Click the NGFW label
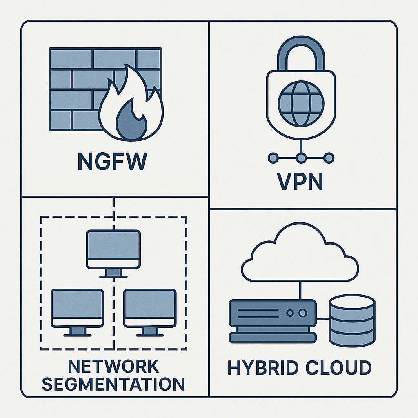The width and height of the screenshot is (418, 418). pos(111,162)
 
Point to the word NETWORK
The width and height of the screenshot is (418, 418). pos(113,366)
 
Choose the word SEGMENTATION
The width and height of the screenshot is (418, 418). pos(113,384)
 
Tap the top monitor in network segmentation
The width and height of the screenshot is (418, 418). pos(113,249)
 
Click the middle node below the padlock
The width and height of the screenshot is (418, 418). pos(301,158)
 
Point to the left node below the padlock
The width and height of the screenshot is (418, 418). pos(273,158)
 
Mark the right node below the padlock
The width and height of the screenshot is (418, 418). pos(329,158)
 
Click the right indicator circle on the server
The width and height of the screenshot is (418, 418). pos(302,313)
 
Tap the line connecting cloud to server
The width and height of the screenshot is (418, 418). pos(300,290)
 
